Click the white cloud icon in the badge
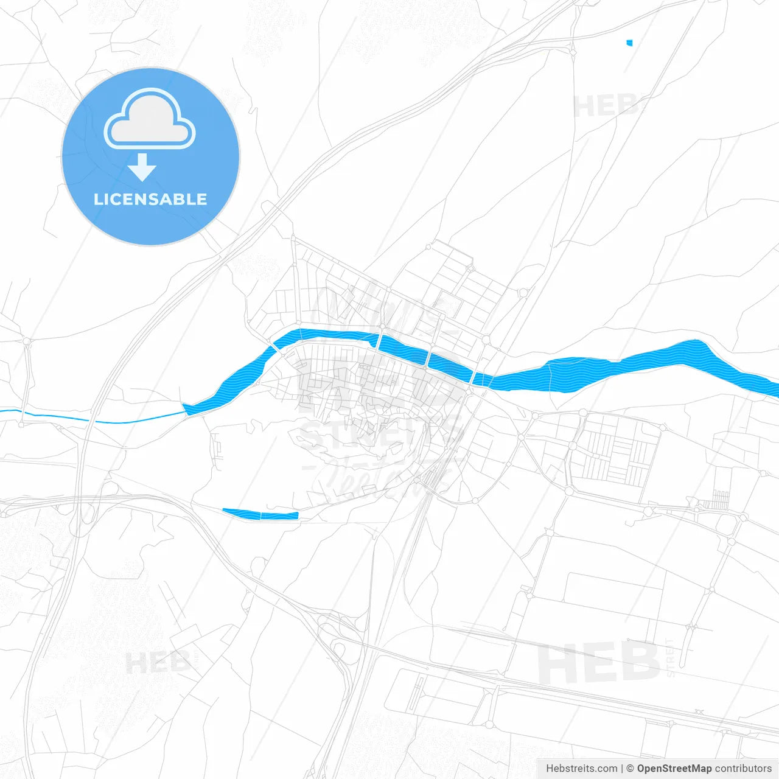[150, 119]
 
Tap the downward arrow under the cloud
[142, 167]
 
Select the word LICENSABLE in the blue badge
[150, 199]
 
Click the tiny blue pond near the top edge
[629, 43]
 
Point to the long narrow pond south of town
[260, 514]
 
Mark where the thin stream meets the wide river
[184, 411]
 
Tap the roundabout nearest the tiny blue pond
[573, 53]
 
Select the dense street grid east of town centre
[615, 450]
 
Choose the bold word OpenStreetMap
[674, 769]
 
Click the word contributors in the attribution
[743, 769]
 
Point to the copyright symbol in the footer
[630, 769]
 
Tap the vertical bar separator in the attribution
[621, 769]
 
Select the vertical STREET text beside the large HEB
[671, 658]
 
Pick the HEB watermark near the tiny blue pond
[606, 107]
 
